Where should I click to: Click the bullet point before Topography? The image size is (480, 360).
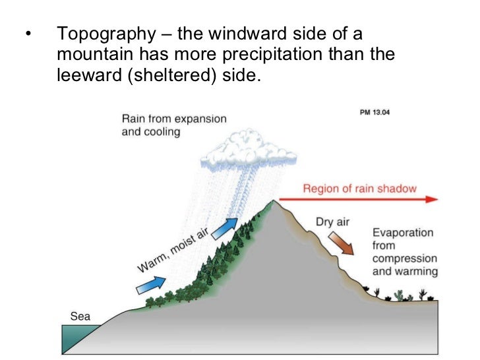pos(26,34)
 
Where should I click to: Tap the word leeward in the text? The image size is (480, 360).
pos(82,75)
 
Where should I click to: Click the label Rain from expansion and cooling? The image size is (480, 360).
pos(173,125)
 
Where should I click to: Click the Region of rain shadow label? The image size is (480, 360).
pos(359,189)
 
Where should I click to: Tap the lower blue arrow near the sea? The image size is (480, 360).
pos(150,285)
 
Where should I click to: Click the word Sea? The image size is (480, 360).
pos(80,316)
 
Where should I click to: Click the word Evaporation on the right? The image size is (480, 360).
pos(403,233)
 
